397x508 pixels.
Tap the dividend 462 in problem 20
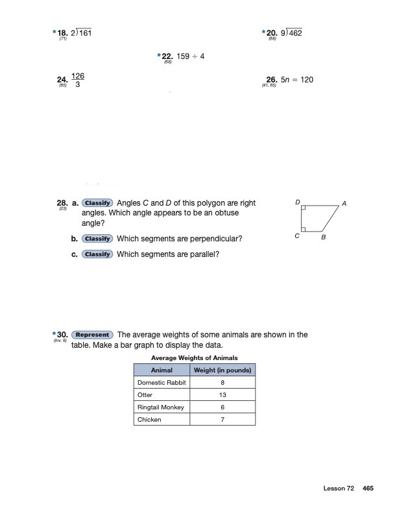(x=295, y=32)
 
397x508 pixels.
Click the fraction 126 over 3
(x=78, y=80)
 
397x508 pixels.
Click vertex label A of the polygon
(x=344, y=204)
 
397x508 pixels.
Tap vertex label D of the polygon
(x=297, y=203)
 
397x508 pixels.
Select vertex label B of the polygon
(x=323, y=238)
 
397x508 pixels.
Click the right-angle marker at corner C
(x=304, y=229)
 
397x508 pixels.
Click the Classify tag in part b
(x=98, y=239)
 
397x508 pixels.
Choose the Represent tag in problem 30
(x=92, y=335)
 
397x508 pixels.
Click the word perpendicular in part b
(x=215, y=239)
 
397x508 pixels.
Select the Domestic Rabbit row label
(x=162, y=382)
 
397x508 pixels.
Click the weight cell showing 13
(x=223, y=394)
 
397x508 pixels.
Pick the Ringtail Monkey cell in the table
(x=161, y=407)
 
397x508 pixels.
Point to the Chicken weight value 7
(x=223, y=420)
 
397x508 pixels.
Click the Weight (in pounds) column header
(x=223, y=370)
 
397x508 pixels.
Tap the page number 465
(x=368, y=488)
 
